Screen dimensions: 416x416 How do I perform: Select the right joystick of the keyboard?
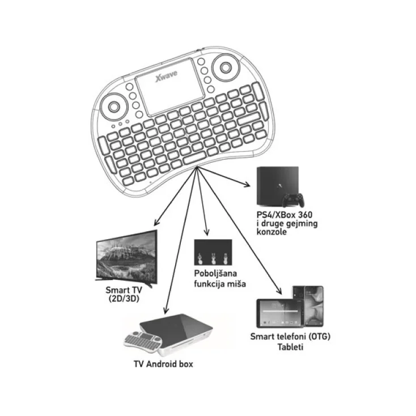coord(226,68)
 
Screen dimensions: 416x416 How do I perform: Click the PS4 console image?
coord(278,185)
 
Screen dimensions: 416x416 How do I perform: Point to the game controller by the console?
coord(294,199)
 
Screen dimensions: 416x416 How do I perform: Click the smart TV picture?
coord(125,257)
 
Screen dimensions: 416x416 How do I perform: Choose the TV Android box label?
coord(163,364)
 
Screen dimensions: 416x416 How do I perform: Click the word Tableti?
coord(290,346)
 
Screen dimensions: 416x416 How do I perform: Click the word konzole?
coord(270,232)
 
